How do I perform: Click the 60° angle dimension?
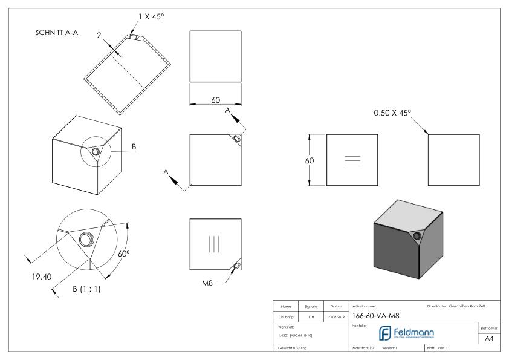(125, 254)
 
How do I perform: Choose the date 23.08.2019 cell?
(337, 316)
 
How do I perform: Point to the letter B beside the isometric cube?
(134, 146)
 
